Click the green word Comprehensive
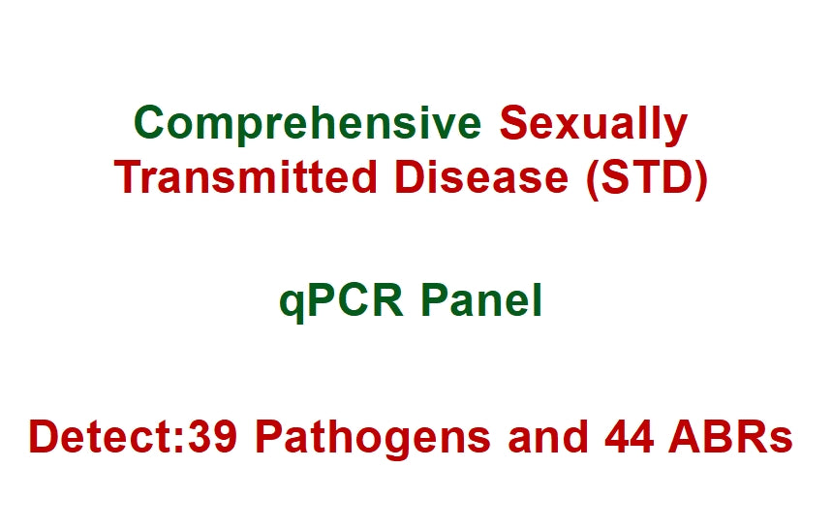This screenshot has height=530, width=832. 308,124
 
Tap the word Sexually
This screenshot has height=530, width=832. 593,124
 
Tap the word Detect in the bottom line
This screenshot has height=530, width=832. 101,438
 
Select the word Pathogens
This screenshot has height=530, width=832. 375,438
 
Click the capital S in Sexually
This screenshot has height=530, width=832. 512,124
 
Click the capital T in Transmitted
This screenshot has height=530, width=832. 128,177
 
